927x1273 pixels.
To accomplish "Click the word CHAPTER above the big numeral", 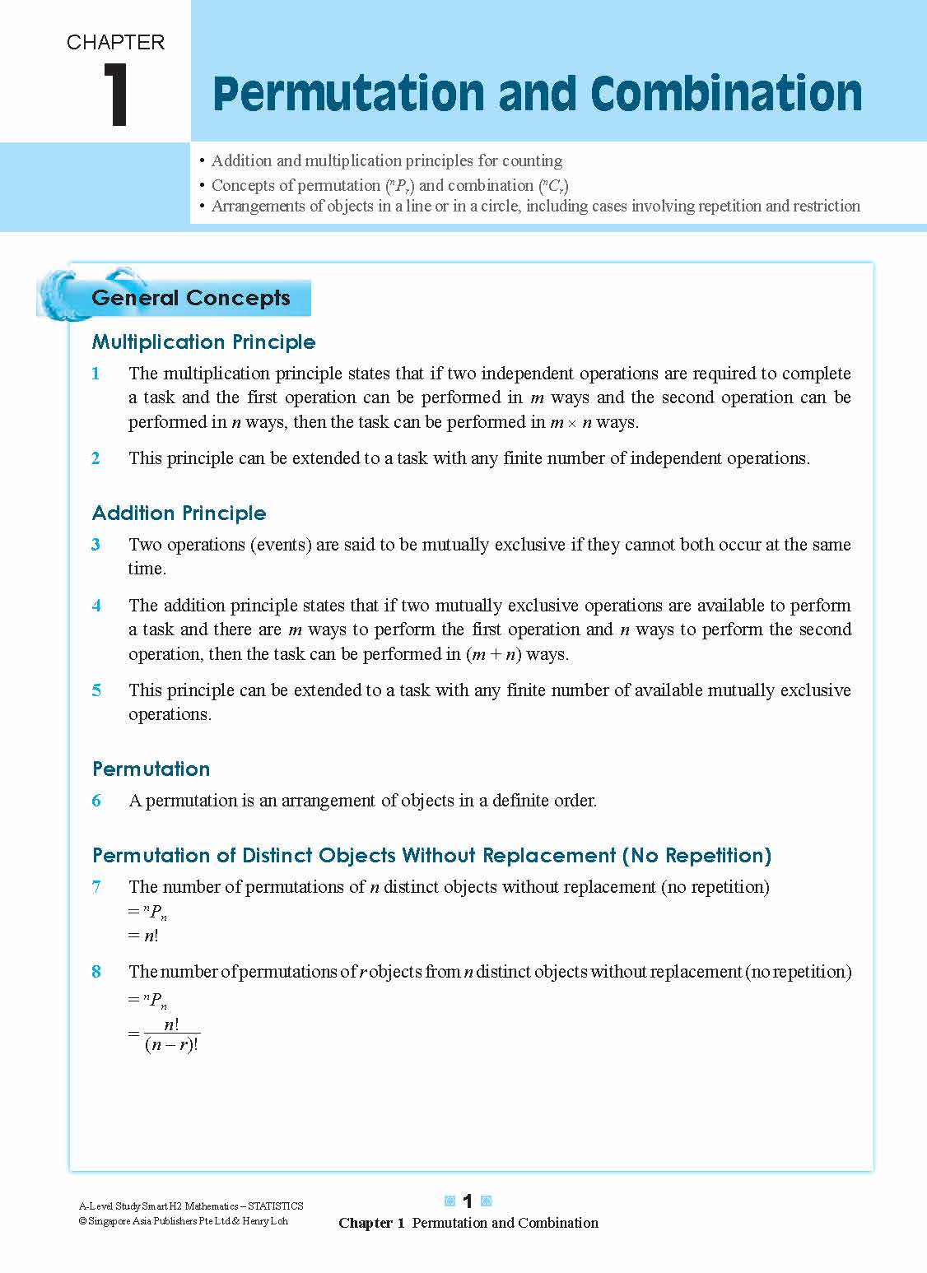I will point(115,42).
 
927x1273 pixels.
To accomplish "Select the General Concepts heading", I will point(191,298).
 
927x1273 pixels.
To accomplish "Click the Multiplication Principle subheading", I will point(203,341).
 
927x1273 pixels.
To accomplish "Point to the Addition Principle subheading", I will point(179,513).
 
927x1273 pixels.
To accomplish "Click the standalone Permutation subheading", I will point(151,769).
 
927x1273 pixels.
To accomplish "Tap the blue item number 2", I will point(96,458).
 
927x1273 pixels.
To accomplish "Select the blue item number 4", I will point(96,606).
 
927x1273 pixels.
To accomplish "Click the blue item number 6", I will point(96,801).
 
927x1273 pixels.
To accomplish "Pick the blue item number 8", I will point(96,972).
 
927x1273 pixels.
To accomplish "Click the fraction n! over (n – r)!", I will point(171,1035).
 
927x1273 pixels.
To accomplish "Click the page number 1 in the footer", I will point(468,1201).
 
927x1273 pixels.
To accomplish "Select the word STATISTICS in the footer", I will point(276,1206).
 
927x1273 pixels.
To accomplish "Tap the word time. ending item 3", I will point(147,569).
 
